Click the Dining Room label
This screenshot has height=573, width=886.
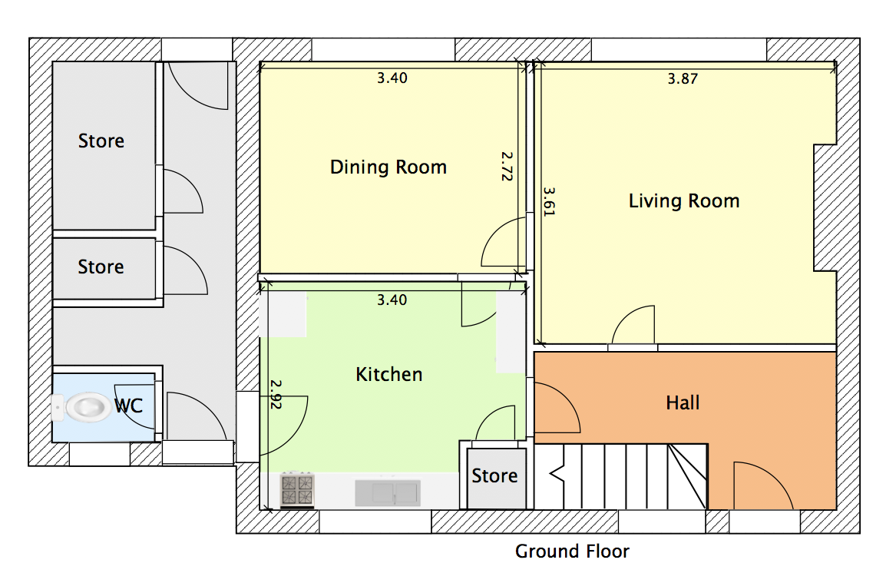pyautogui.click(x=388, y=167)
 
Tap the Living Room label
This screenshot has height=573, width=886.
pyautogui.click(x=684, y=200)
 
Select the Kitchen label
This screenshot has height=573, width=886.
pyautogui.click(x=388, y=374)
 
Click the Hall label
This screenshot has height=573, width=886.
pyautogui.click(x=683, y=403)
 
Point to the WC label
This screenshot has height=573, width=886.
pyautogui.click(x=128, y=405)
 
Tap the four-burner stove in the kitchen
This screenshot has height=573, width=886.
pyautogui.click(x=297, y=489)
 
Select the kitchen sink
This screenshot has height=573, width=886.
pyautogui.click(x=388, y=493)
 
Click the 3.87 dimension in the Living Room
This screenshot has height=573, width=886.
pyautogui.click(x=683, y=78)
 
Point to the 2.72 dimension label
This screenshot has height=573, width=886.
pyautogui.click(x=506, y=166)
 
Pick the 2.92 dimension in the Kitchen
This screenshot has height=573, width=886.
pyautogui.click(x=275, y=394)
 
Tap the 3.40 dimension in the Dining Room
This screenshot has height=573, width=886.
pyautogui.click(x=392, y=78)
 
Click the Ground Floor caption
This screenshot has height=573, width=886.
pyautogui.click(x=572, y=551)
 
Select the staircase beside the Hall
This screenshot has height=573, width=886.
pyautogui.click(x=620, y=476)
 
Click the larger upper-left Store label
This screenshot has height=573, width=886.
pyautogui.click(x=101, y=141)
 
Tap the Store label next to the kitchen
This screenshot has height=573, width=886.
pyautogui.click(x=494, y=475)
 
